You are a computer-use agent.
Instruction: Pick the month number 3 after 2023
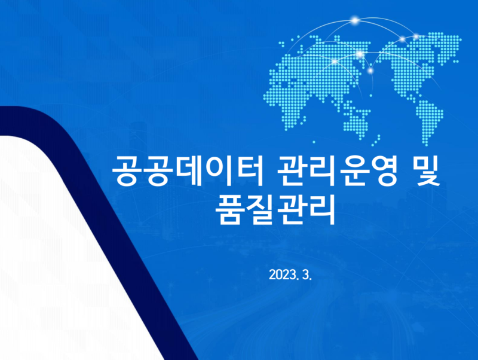(308, 275)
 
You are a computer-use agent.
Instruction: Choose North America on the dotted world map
(412, 60)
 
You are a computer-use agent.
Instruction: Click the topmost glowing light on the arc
(354, 22)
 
